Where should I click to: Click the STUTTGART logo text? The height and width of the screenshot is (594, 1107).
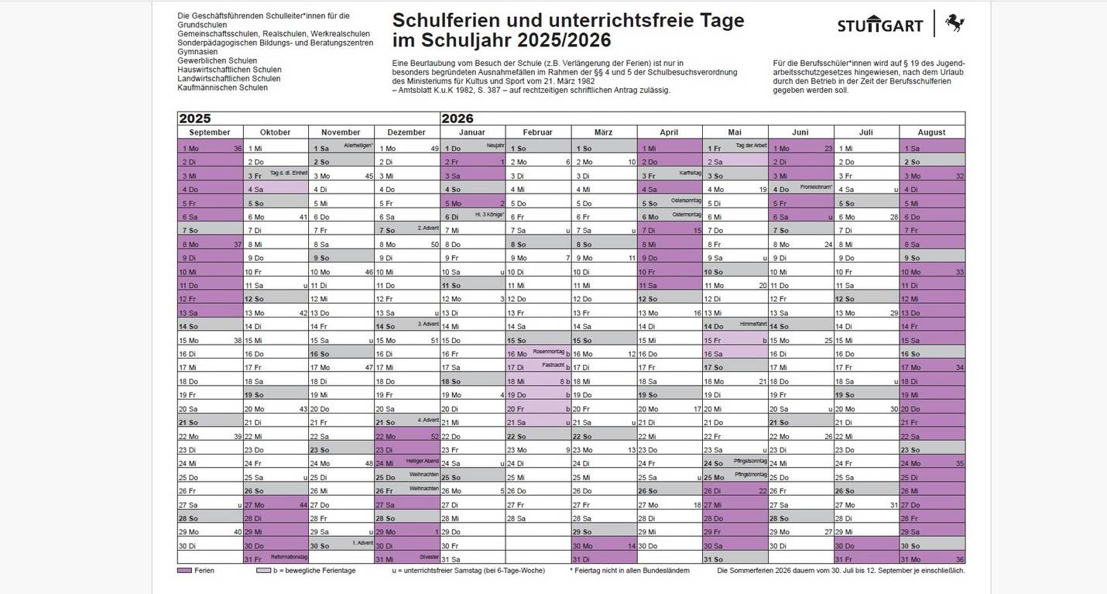tap(880, 26)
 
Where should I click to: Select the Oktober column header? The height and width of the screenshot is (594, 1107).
tap(276, 132)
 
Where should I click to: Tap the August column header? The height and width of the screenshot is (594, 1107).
tap(931, 132)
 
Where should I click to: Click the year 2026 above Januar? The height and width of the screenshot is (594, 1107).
tap(457, 118)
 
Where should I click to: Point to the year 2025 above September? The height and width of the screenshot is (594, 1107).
tap(194, 118)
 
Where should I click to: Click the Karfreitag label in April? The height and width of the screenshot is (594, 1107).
tap(689, 173)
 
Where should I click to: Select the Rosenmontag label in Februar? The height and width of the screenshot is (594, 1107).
tap(548, 351)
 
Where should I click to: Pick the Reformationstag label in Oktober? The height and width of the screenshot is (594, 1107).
tap(290, 557)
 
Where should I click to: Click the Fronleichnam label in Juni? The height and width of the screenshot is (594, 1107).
tap(816, 187)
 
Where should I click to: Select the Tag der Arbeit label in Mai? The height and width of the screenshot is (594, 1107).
tap(750, 145)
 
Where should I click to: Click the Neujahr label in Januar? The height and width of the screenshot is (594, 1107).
tap(495, 145)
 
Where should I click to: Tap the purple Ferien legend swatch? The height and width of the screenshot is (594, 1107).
tap(184, 571)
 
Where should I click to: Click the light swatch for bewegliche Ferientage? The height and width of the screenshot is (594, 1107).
tap(263, 571)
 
